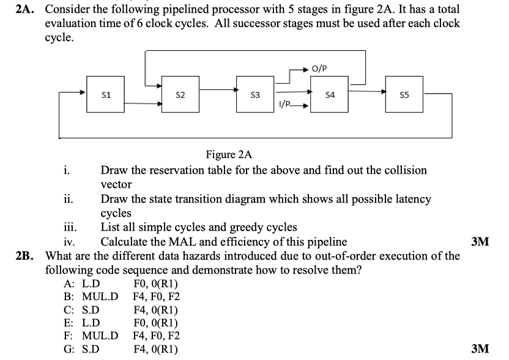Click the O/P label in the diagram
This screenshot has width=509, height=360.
coord(319,67)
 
